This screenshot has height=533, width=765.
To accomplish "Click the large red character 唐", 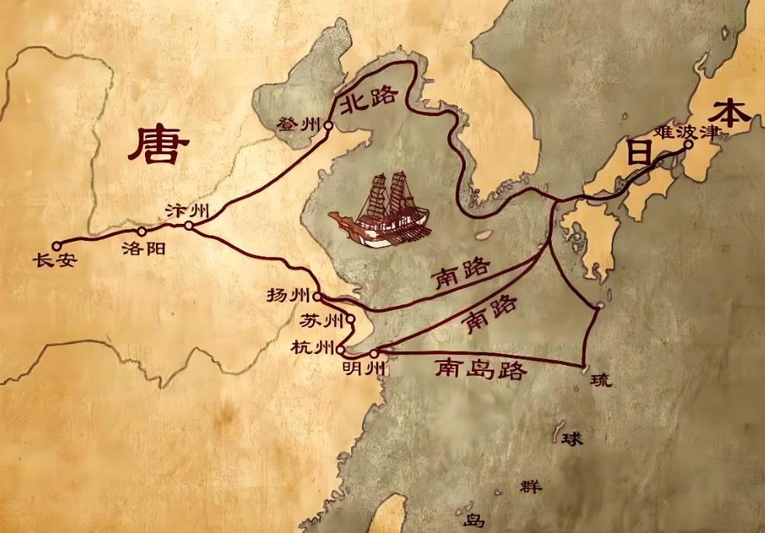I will pos(158,146).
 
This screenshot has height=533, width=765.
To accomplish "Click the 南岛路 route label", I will pos(481,369).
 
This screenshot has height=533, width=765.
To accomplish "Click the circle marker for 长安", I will pos(56,246).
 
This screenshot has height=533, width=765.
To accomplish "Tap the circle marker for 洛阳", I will pos(142,231).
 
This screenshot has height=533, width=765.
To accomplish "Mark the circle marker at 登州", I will pos(329,125).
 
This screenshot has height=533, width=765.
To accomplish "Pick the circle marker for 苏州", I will pos(350,318).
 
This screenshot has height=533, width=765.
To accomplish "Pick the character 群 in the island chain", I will pos(531,487).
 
